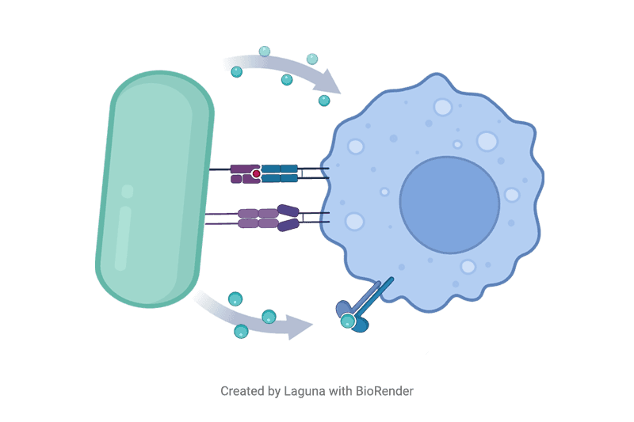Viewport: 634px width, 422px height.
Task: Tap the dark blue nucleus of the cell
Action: tap(449, 204)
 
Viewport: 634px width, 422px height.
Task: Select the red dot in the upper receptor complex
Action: tap(256, 173)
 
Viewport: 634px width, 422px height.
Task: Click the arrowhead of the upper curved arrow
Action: tap(329, 82)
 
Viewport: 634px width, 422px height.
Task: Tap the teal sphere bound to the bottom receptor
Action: tap(347, 321)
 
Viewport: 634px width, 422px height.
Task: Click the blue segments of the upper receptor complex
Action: tap(280, 173)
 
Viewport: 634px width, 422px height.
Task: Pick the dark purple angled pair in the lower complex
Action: tap(288, 219)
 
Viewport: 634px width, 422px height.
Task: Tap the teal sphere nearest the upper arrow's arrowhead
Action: tap(324, 100)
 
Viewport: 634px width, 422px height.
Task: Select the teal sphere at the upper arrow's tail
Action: tap(236, 71)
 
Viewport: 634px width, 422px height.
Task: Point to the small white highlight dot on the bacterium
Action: tap(128, 190)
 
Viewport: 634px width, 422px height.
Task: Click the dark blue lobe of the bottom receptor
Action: tap(361, 324)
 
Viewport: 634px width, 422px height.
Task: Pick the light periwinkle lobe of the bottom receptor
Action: tap(342, 308)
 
